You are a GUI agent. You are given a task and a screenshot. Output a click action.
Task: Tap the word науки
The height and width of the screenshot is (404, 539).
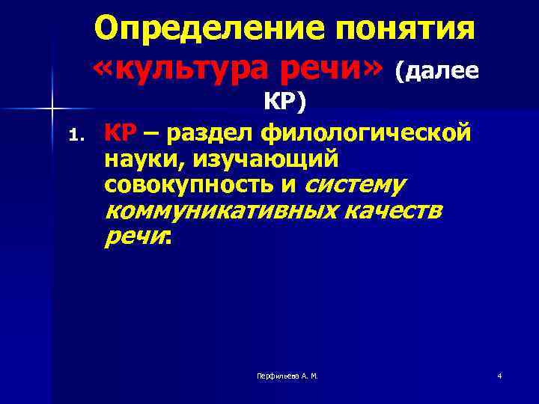coord(138,159)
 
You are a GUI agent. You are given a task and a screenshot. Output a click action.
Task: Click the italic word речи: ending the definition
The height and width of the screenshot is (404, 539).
coord(138,238)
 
